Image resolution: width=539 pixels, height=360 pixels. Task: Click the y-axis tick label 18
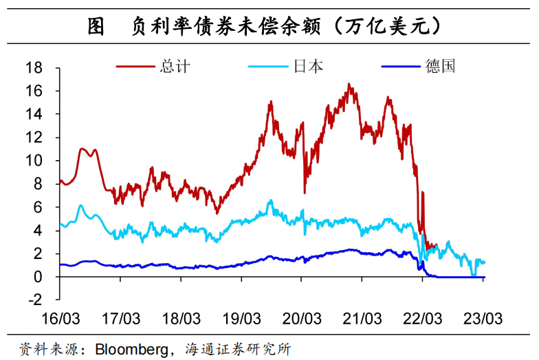[34, 67]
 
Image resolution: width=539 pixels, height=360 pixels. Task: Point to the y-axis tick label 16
[34, 91]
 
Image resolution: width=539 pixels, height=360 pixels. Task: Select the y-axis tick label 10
[34, 161]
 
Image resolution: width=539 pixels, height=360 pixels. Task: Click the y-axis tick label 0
[38, 277]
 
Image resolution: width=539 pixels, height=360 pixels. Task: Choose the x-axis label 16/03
[60, 319]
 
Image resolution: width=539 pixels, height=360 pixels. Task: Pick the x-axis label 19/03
[241, 319]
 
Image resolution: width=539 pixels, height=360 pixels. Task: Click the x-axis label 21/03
[362, 319]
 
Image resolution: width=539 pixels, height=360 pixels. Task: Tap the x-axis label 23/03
[483, 319]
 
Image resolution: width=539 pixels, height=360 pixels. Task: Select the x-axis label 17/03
[120, 319]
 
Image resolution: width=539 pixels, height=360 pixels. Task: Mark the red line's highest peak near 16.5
[349, 85]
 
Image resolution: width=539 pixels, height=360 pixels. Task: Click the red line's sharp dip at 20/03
[304, 193]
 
